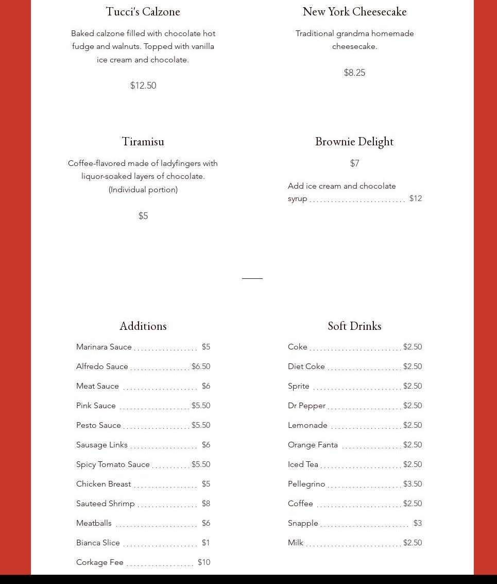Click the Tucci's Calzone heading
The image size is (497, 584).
pos(143,11)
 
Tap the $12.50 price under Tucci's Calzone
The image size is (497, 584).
pos(143,86)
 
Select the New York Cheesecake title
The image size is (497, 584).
pos(354,11)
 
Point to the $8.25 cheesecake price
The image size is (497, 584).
pos(354,73)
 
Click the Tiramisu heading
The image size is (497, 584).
pos(143,141)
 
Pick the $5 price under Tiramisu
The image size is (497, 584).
pos(143,216)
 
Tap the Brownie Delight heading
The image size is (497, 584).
pos(354,141)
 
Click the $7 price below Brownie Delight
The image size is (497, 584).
pos(354,163)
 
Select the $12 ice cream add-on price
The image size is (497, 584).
pos(415,198)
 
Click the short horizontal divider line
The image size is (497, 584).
pos(252,278)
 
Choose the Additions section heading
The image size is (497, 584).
pos(143,326)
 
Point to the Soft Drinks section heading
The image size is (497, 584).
pos(354,326)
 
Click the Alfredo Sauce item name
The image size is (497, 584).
pos(102,366)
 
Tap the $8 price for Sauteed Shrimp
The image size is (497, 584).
pos(206,504)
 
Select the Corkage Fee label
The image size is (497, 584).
pos(100,562)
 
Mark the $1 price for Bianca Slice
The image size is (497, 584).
pos(206,543)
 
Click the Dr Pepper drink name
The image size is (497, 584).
pos(306,406)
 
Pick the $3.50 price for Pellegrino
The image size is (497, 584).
pos(413,484)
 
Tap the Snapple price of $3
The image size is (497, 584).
pos(417,523)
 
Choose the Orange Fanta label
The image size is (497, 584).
pos(313,445)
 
